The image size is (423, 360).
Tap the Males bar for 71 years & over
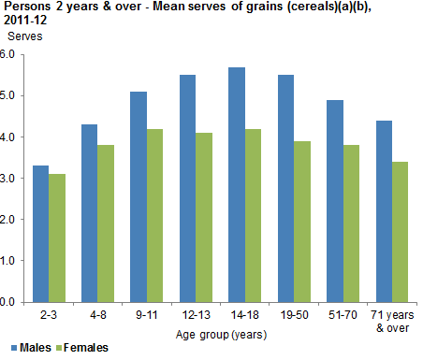click(385, 211)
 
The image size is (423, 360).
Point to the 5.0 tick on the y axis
click(9, 95)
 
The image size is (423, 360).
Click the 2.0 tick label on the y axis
click(9, 220)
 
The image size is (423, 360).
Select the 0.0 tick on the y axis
click(9, 302)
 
